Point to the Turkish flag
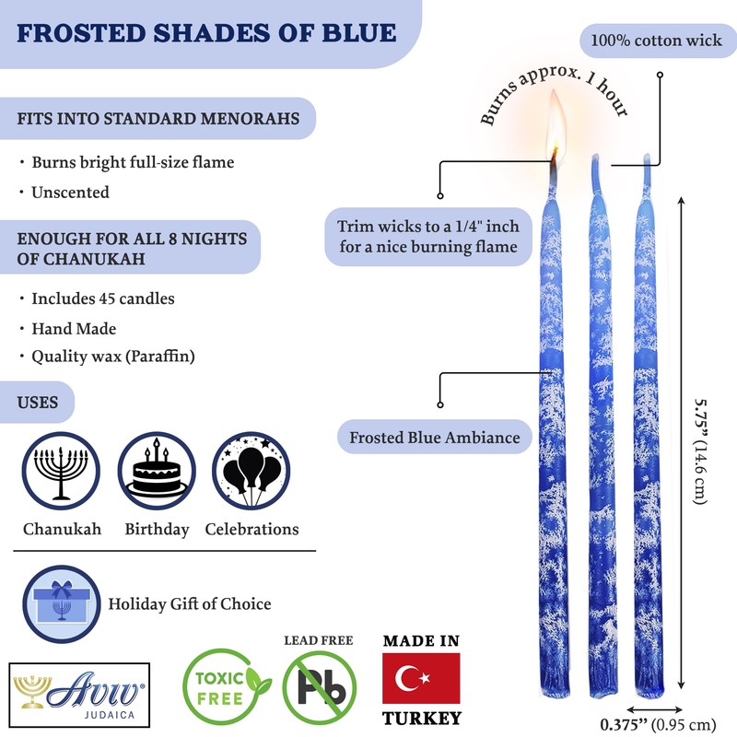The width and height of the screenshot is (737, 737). click(x=421, y=679)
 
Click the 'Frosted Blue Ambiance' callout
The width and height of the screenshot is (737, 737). click(x=434, y=438)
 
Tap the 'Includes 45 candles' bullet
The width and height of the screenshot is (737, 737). click(x=102, y=298)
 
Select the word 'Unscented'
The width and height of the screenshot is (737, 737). click(x=70, y=192)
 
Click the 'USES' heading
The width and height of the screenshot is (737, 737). click(x=38, y=403)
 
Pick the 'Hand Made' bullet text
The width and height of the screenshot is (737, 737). click(x=74, y=327)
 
